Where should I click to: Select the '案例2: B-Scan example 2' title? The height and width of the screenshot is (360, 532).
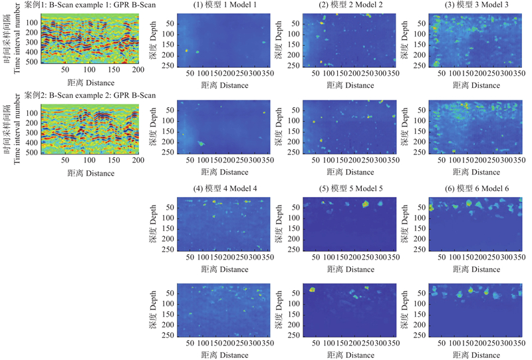point(89,95)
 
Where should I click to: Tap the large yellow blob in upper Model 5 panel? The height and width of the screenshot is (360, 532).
point(365,204)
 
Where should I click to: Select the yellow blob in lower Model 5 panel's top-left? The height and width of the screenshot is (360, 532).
point(313,290)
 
